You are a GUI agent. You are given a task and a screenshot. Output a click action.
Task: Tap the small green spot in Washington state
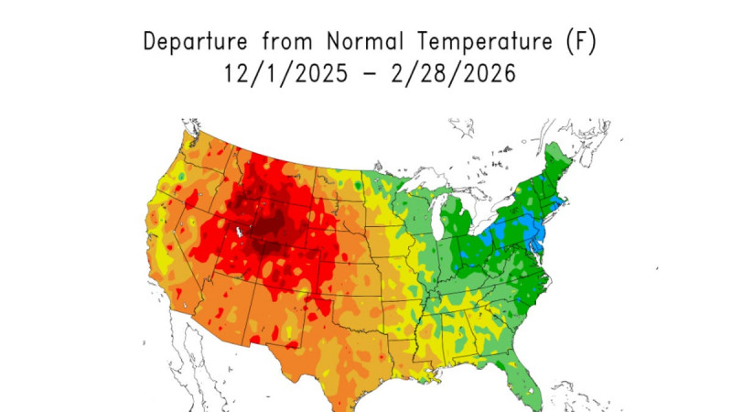(x=182, y=173)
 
